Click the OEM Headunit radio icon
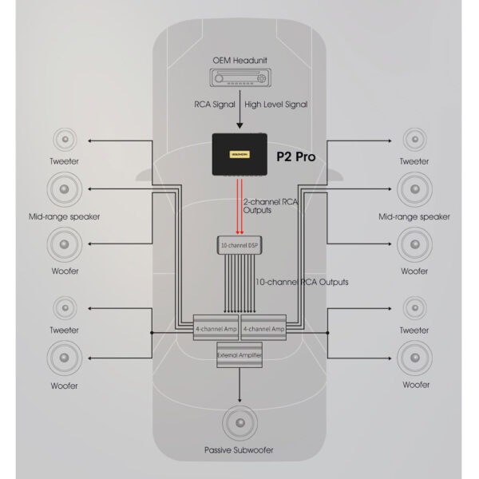point(239,78)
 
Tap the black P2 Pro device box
point(239,154)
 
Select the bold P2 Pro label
point(296,156)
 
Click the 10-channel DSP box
point(239,244)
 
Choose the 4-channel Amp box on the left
point(216,327)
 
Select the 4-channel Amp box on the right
point(263,327)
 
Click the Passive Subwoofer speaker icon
point(239,424)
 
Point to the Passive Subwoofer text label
point(239,450)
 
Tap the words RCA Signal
point(215,103)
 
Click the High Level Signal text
point(275,103)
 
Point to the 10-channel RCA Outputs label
point(301,282)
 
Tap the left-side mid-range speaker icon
point(64,191)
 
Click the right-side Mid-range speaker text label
point(414,216)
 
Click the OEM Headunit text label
point(239,59)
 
